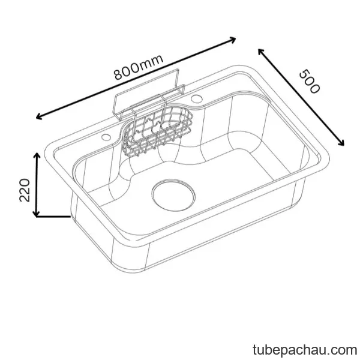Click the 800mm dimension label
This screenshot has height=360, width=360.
pyautogui.click(x=139, y=67)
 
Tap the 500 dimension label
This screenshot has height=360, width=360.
pyautogui.click(x=310, y=82)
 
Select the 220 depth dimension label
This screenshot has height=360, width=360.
pyautogui.click(x=25, y=190)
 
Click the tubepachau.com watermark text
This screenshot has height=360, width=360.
pyautogui.click(x=305, y=350)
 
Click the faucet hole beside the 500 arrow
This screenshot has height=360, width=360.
pyautogui.click(x=197, y=99)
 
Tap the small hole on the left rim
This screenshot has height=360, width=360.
pyautogui.click(x=106, y=137)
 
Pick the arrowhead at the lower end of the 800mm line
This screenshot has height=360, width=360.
pyautogui.click(x=39, y=116)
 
